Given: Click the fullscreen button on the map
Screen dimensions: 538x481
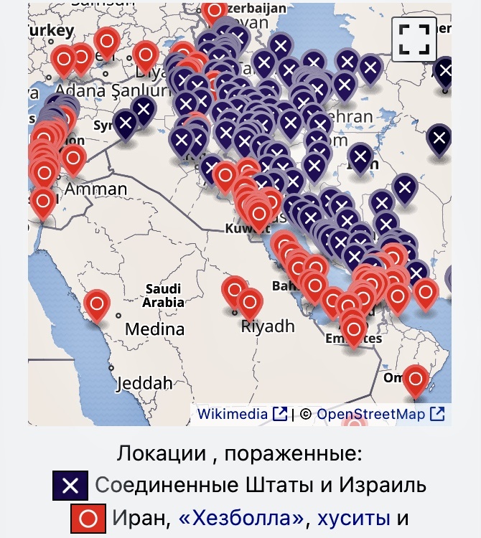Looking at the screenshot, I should tap(414, 39).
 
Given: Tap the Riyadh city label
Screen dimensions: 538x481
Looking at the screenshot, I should tap(268, 326).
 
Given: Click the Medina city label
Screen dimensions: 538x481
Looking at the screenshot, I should tap(154, 329).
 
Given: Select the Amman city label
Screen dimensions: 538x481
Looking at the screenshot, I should tap(90, 189).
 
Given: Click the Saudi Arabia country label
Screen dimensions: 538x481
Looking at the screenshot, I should tap(163, 296).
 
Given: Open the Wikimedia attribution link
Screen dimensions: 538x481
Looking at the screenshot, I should tap(232, 414).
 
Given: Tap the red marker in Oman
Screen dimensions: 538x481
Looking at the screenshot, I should tap(415, 379).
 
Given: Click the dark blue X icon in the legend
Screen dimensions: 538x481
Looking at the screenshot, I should tap(70, 486).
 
